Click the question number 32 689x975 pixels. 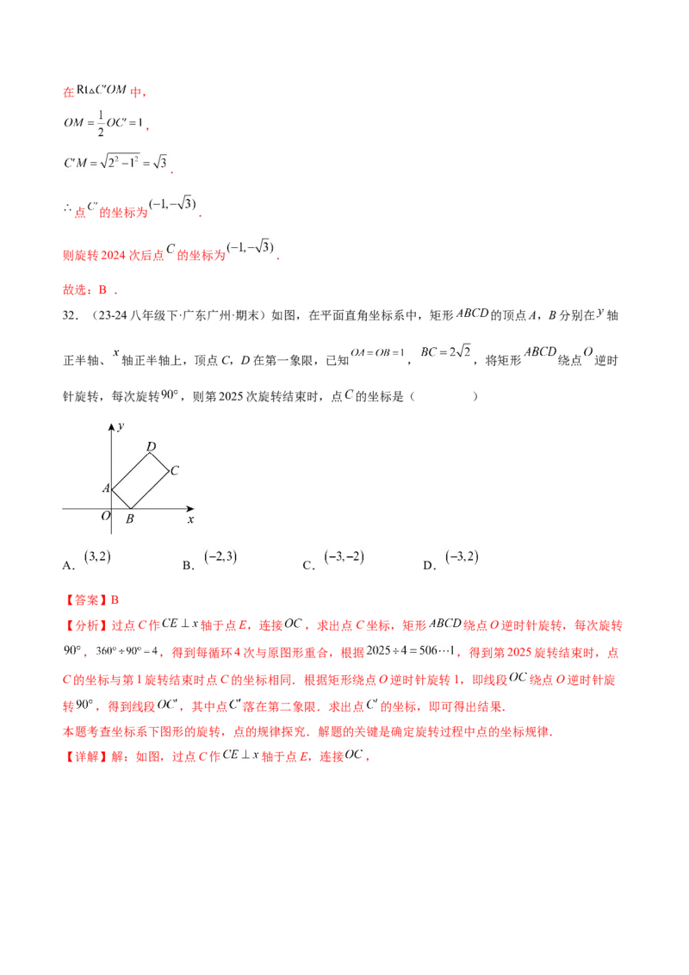[x=71, y=316]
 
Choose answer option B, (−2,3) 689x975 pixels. [x=220, y=557]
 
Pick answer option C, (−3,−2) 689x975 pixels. [x=344, y=557]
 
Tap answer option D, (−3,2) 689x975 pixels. [x=462, y=557]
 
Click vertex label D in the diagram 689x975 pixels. [x=151, y=446]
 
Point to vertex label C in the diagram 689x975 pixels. [x=175, y=471]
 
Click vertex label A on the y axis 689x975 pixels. [x=106, y=488]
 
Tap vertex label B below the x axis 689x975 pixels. [x=129, y=519]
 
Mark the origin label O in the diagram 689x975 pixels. [x=106, y=515]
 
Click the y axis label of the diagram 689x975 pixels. [x=121, y=426]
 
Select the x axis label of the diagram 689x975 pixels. [x=190, y=520]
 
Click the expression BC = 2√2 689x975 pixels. [x=446, y=352]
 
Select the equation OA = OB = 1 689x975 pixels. [x=377, y=352]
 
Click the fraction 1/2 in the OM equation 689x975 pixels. [x=101, y=123]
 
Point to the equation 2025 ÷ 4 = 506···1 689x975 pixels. [x=411, y=651]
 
